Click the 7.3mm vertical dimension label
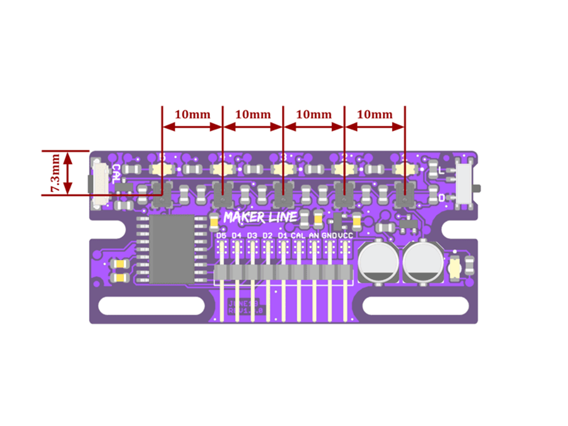tap(54, 173)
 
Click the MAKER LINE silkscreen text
tap(261, 218)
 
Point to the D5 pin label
tap(221, 235)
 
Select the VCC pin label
tap(345, 235)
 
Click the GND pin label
tap(330, 235)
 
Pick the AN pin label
tap(314, 235)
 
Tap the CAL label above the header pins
tap(298, 235)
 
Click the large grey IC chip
tap(171, 249)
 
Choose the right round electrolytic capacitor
tap(422, 263)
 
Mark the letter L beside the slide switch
tap(441, 170)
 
